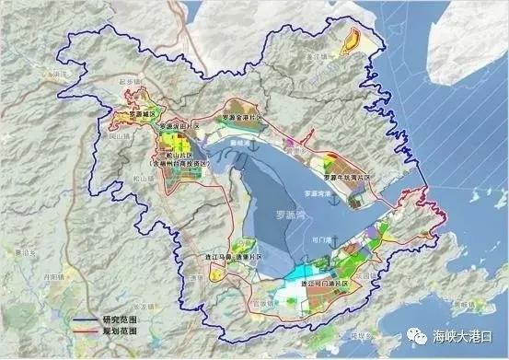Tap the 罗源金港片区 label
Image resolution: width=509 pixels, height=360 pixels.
(249, 119)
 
